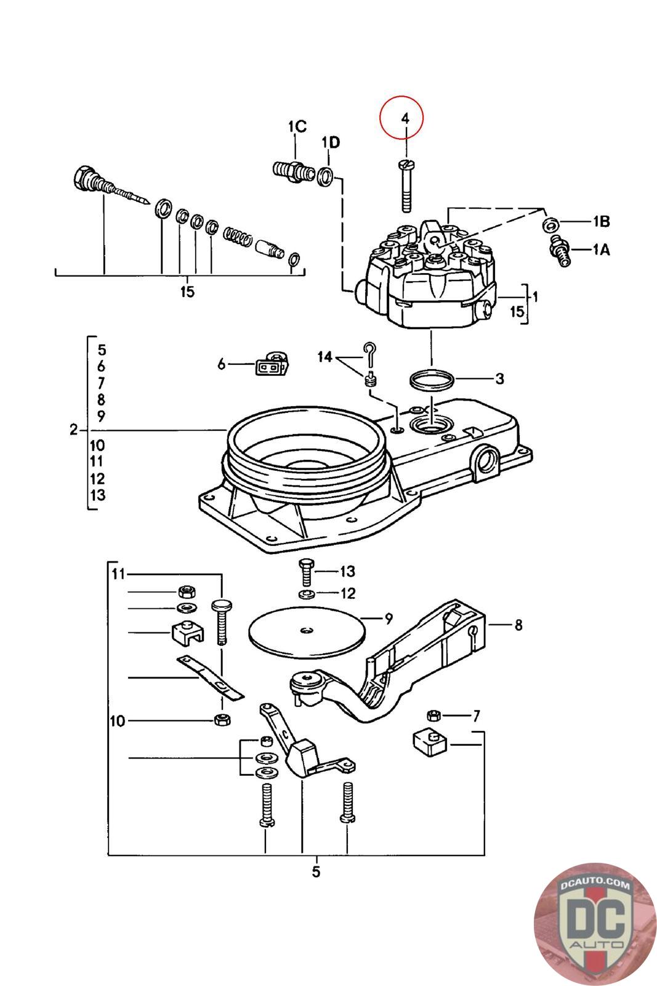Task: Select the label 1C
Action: click(x=297, y=126)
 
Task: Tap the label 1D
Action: click(x=330, y=142)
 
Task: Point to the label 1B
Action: click(x=601, y=221)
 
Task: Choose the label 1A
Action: click(x=601, y=250)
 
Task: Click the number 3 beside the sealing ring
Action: click(x=499, y=378)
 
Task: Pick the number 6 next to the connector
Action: click(x=222, y=364)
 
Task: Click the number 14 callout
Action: click(x=324, y=357)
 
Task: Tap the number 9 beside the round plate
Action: click(x=389, y=619)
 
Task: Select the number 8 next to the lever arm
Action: click(x=518, y=625)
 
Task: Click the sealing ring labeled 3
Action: click(x=431, y=380)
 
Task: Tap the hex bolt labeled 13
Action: click(x=306, y=572)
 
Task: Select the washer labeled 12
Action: click(x=307, y=595)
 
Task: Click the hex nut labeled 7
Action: click(x=433, y=715)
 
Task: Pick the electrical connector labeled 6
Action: click(x=272, y=363)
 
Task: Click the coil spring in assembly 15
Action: click(x=238, y=235)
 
